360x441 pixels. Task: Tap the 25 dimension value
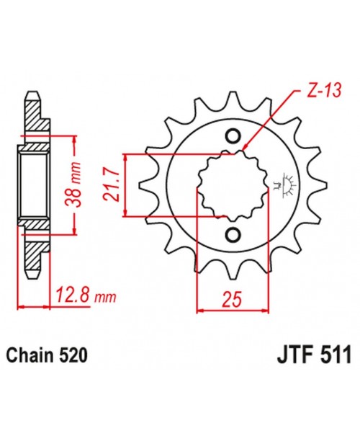232,298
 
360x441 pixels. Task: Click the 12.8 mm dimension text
85,295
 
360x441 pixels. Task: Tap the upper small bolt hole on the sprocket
233,136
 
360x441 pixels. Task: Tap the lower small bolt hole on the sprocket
233,234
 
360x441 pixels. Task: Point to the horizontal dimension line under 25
232,310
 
